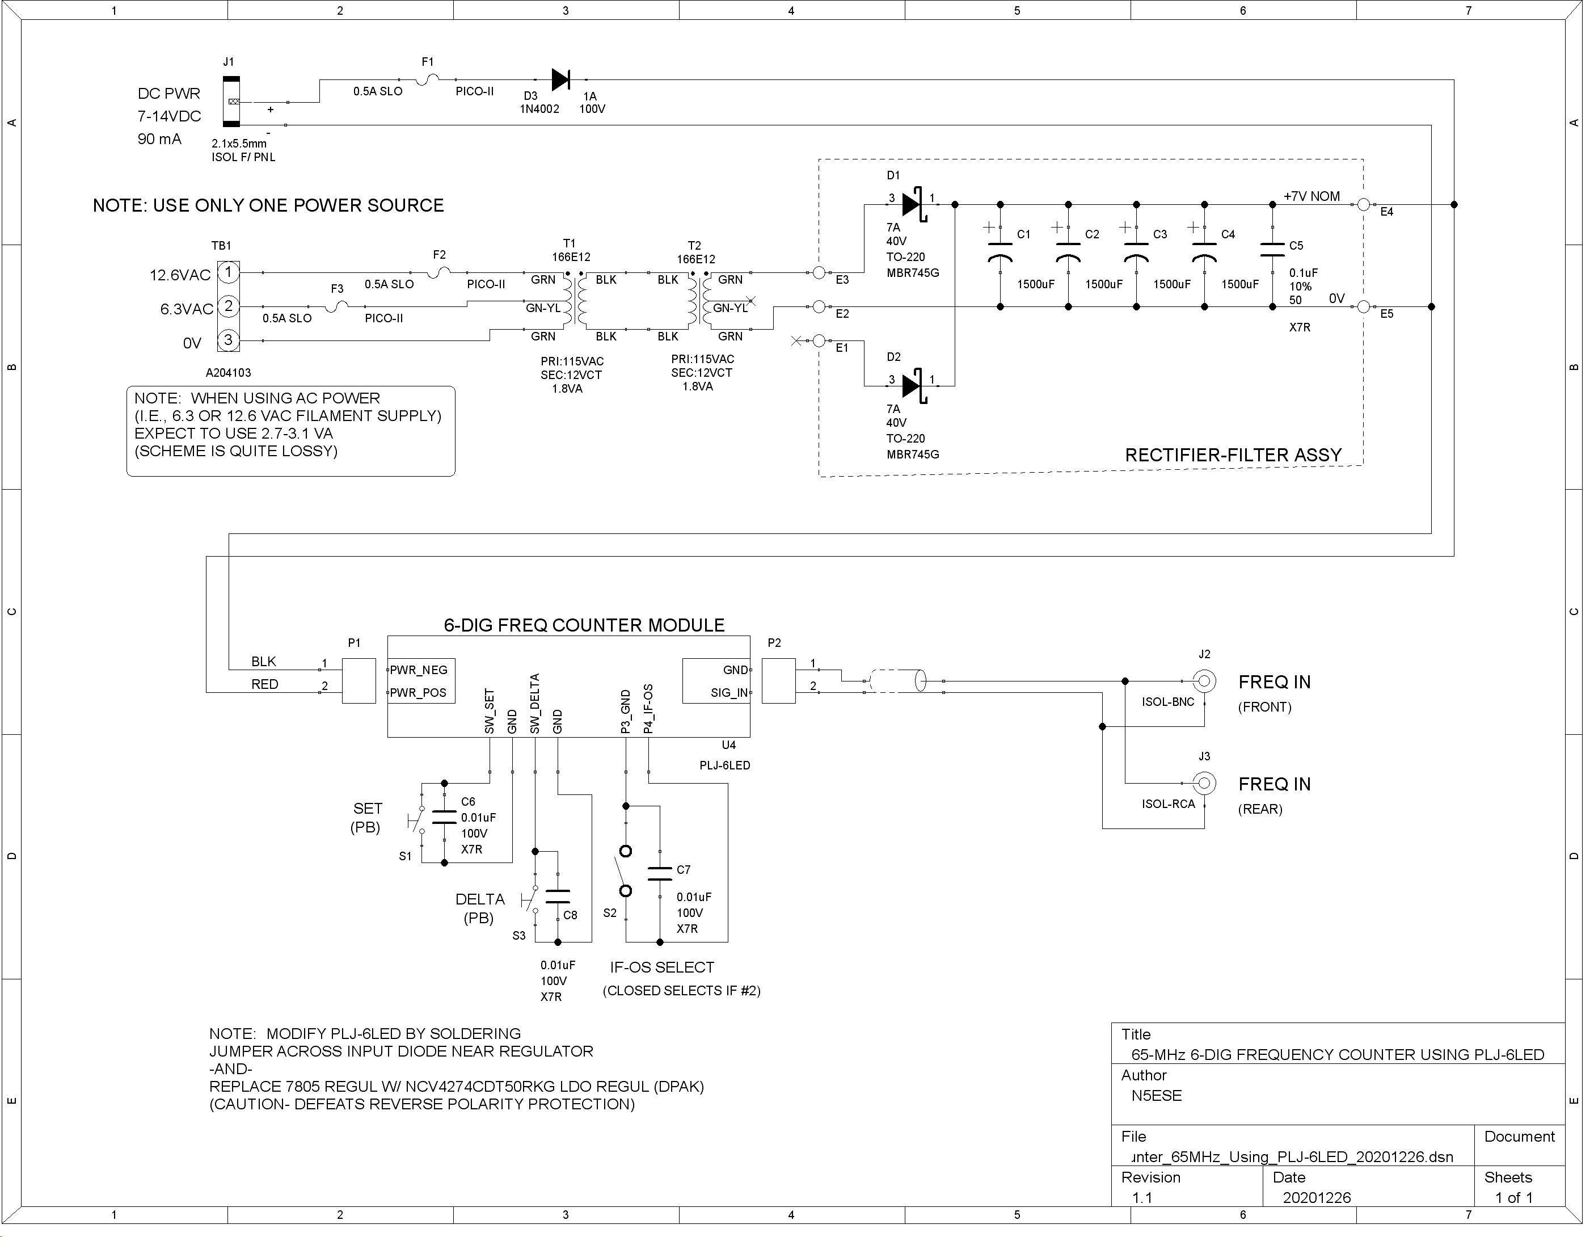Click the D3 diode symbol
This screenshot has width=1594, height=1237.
click(x=560, y=79)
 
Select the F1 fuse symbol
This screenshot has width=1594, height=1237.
click(x=428, y=79)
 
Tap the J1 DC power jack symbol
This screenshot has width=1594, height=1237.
click(x=231, y=102)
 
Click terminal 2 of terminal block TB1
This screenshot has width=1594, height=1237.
click(x=229, y=306)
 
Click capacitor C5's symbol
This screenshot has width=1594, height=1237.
click(x=1272, y=250)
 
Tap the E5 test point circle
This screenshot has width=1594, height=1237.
click(x=1363, y=306)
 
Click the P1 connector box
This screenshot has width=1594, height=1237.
click(x=359, y=680)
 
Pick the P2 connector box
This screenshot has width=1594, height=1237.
click(x=779, y=680)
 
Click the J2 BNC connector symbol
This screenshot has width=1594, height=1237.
click(x=1204, y=681)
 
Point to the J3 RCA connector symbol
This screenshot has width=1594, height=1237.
click(x=1204, y=784)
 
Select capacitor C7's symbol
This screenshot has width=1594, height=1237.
click(x=660, y=873)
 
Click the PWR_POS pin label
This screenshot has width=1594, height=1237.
click(x=418, y=693)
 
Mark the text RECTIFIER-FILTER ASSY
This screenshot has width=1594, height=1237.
click(x=1233, y=455)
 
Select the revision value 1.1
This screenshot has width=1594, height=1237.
click(x=1142, y=1198)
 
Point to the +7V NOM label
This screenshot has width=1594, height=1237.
click(x=1312, y=196)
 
